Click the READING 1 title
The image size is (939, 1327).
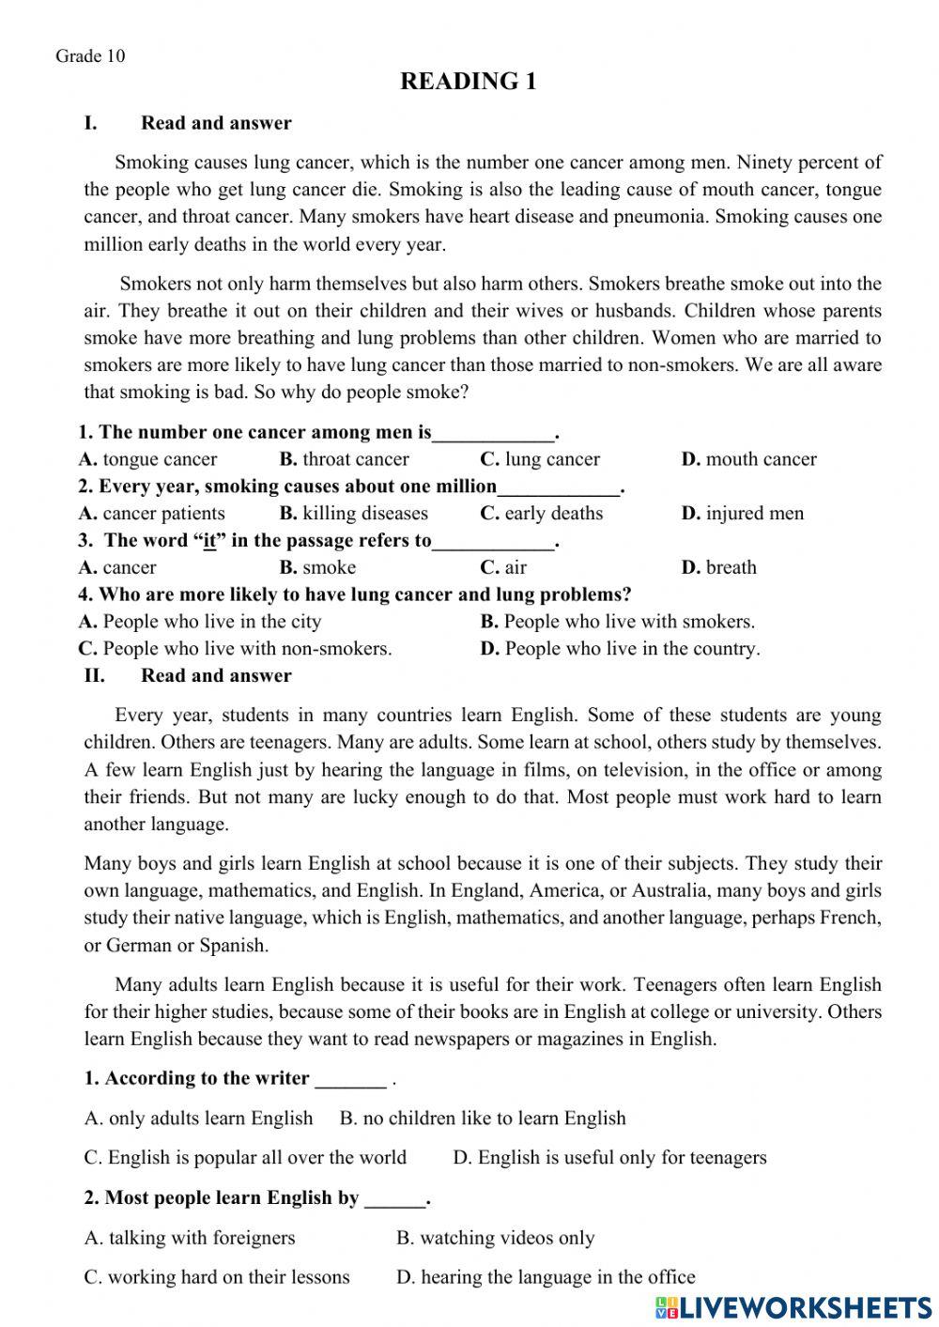point(468,82)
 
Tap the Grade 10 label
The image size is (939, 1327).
point(90,55)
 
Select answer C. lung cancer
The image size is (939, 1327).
point(540,459)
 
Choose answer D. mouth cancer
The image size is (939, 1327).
point(748,459)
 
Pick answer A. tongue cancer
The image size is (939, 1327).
point(147,459)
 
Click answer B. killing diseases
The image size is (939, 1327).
point(353,513)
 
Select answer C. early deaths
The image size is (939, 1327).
point(542,513)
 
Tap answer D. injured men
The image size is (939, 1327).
point(742,513)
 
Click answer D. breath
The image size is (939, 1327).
point(718,567)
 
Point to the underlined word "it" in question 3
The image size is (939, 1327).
point(209,541)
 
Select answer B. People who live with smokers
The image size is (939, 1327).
point(617,621)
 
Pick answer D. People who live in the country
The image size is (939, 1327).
point(620,648)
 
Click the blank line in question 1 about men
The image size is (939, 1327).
point(494,434)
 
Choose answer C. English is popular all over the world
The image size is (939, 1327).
point(245,1157)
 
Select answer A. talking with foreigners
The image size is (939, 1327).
point(190,1238)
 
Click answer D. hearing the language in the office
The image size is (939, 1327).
point(546,1277)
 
